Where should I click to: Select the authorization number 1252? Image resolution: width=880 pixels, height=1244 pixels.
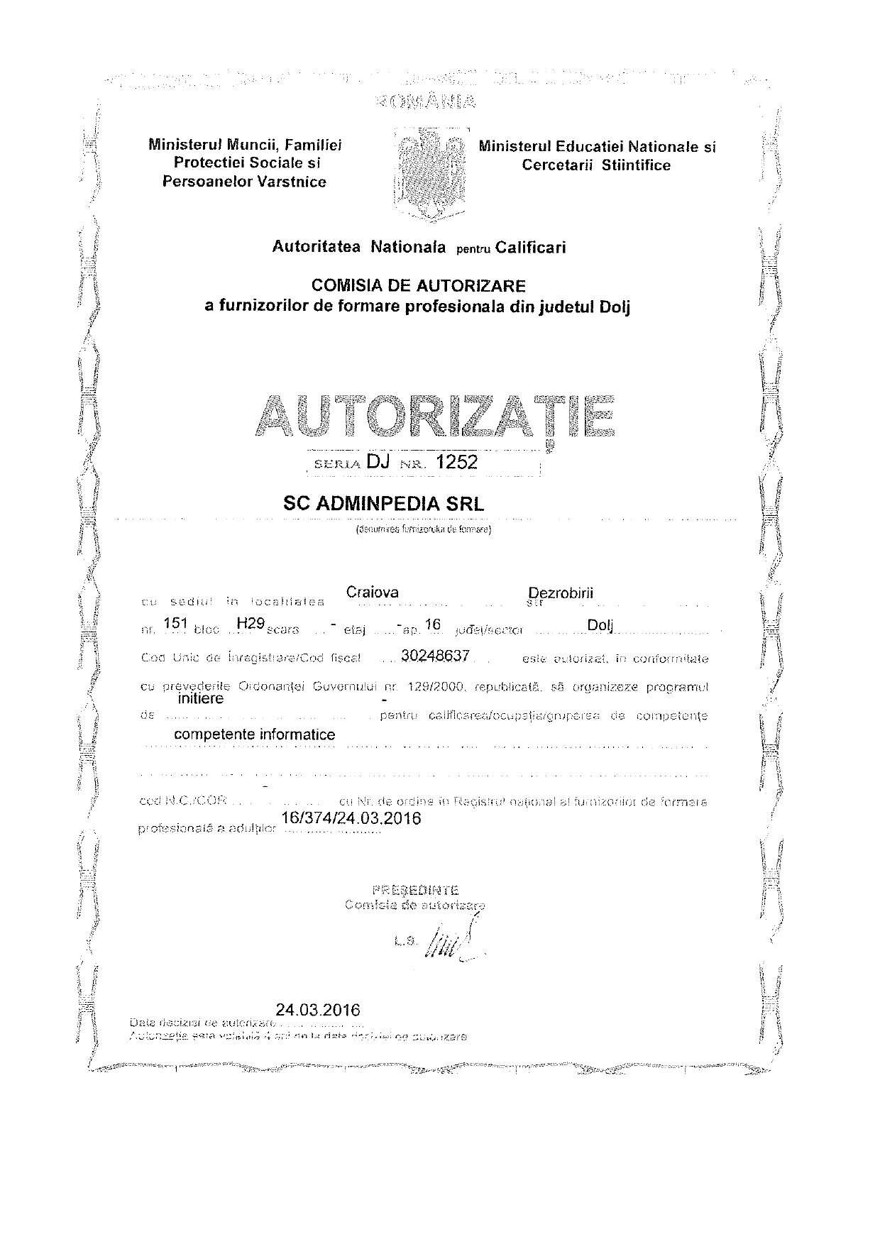coord(457,463)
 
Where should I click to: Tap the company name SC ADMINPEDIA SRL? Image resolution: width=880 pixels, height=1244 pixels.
coord(383,504)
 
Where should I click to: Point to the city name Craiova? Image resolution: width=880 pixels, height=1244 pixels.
coord(372,592)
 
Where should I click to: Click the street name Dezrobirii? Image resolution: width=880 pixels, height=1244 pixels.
coord(561,593)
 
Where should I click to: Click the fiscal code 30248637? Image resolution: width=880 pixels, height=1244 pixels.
coord(435,656)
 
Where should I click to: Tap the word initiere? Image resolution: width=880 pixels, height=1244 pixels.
coord(200,699)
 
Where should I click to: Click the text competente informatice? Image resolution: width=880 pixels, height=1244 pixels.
coord(254,734)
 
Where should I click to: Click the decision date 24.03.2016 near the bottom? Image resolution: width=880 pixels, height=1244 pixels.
coord(318,1010)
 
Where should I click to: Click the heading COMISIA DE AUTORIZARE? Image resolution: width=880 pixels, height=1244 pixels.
coord(419,286)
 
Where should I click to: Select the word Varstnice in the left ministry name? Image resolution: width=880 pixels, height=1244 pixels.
coord(291,182)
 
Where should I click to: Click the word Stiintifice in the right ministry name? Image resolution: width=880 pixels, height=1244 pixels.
coord(636,165)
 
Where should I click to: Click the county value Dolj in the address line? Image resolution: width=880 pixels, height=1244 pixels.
coord(600,625)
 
